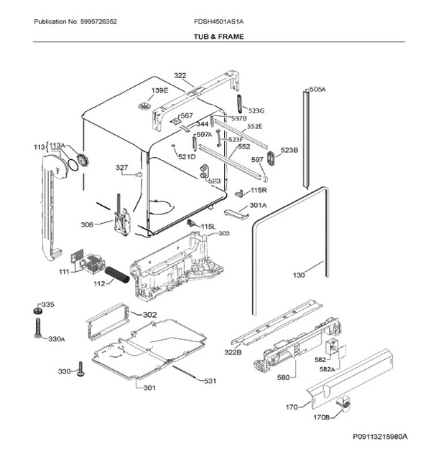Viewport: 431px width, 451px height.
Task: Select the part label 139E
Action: pos(159,90)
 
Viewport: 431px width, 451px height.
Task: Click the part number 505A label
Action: pos(317,90)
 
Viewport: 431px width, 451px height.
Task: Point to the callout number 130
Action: pos(299,275)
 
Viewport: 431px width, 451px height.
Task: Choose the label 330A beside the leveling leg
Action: pos(56,339)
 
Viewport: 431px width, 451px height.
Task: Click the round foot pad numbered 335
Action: pos(34,310)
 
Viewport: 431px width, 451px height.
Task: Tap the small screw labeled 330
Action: pos(80,371)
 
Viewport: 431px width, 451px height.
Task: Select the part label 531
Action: pos(209,381)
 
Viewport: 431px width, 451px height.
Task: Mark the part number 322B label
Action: pos(233,351)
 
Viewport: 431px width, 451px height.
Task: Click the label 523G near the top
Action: pos(256,110)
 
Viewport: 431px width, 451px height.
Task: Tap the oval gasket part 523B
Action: pos(272,158)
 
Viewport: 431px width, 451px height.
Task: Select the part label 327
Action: pos(122,168)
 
